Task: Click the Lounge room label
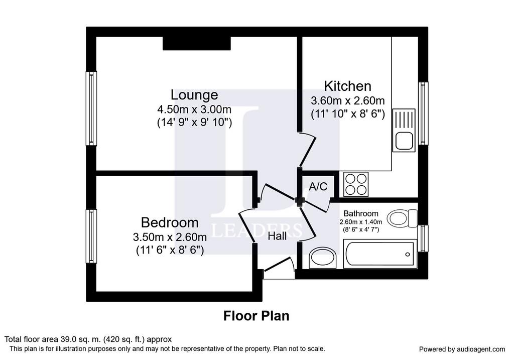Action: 194,95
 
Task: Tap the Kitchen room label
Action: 347,86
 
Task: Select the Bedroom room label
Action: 170,222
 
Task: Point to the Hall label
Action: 277,236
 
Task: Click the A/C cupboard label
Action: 318,187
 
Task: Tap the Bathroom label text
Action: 360,213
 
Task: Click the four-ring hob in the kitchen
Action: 356,184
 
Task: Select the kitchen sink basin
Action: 404,141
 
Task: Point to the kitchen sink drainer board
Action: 404,119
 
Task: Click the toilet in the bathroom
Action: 402,218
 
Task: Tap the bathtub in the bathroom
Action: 380,254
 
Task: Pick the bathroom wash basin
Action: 323,258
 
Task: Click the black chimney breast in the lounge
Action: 197,43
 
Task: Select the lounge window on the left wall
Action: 91,108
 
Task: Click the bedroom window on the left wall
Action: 91,236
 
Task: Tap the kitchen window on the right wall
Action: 423,113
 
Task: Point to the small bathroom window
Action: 423,238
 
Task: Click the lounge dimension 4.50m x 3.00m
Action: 194,109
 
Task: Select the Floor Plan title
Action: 256,316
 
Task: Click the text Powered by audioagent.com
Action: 462,349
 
